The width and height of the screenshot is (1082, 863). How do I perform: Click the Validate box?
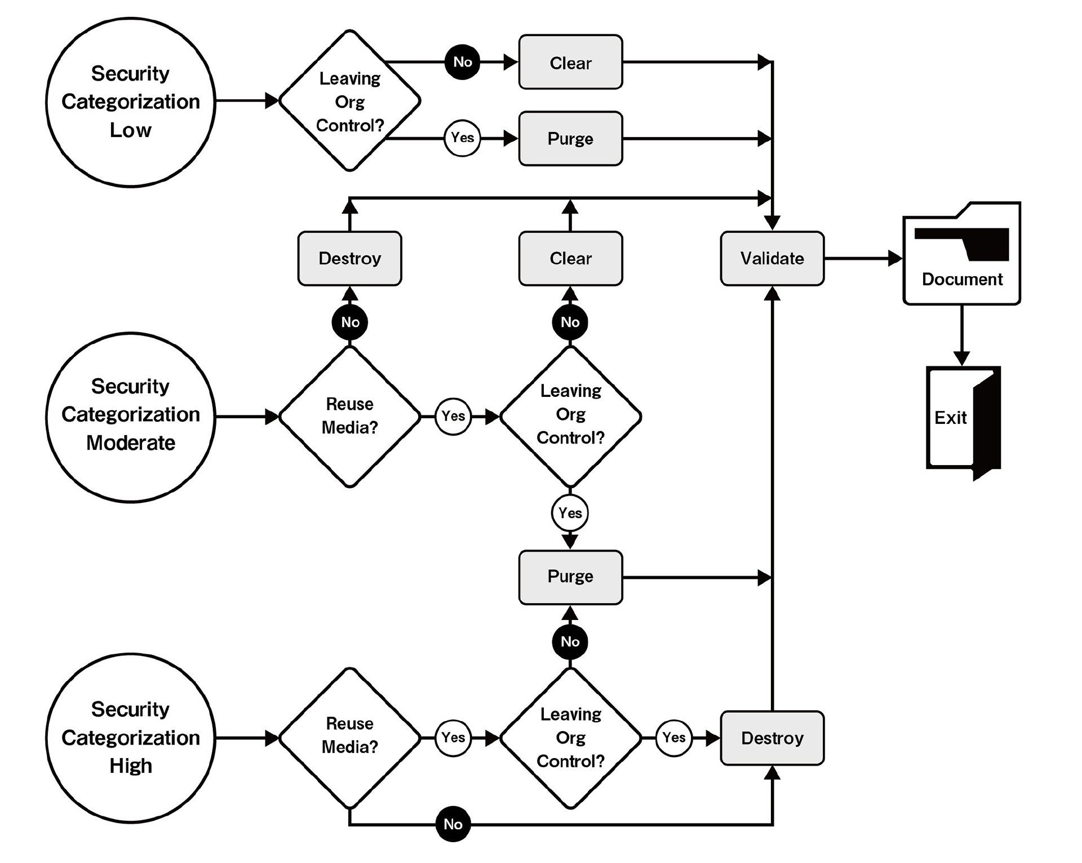(772, 258)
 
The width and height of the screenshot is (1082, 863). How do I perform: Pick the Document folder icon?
(962, 254)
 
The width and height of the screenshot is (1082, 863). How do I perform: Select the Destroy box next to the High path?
(772, 738)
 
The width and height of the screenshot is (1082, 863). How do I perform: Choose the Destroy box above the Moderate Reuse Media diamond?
(349, 258)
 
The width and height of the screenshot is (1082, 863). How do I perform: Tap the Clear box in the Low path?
(570, 62)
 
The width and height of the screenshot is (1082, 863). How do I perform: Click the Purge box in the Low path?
(570, 139)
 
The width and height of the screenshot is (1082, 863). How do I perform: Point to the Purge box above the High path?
(570, 577)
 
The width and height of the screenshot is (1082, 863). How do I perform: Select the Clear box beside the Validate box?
(570, 258)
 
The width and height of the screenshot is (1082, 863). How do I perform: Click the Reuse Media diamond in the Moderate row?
(350, 417)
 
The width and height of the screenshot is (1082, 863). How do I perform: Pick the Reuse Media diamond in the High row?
(350, 738)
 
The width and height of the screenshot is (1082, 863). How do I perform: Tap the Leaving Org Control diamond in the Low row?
(350, 100)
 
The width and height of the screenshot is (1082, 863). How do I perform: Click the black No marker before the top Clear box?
(463, 62)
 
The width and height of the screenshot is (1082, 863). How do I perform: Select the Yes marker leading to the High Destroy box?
(674, 738)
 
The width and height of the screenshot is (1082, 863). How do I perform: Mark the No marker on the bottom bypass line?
(453, 824)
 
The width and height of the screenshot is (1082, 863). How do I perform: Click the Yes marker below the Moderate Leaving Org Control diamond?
(570, 513)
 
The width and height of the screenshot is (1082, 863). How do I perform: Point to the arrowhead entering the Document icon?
(895, 258)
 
